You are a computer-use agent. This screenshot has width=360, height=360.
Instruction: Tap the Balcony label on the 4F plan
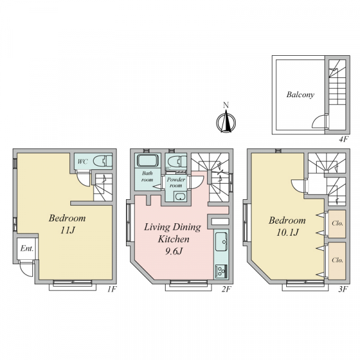[x=301, y=95]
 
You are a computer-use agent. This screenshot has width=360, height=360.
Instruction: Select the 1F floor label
[x=112, y=289]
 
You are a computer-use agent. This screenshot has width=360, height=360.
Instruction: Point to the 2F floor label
[x=226, y=289]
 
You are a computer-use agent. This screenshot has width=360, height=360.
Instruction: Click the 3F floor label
[x=343, y=289]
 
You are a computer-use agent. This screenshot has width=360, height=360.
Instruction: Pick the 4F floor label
[x=344, y=139]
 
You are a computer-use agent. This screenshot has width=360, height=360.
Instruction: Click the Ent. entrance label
[x=27, y=248]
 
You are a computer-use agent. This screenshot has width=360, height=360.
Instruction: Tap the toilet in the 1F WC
[x=103, y=161]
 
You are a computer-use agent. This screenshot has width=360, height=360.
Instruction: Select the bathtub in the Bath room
[x=148, y=160]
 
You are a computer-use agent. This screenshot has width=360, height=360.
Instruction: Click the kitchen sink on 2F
[x=221, y=241]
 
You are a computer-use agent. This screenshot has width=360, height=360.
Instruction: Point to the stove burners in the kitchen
[x=221, y=271]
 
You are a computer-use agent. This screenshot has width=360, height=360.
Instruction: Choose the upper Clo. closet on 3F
[x=337, y=224]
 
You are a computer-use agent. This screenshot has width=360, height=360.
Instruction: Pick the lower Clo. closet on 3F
[x=337, y=261]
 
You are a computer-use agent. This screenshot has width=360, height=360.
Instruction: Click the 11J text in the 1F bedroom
[x=67, y=230]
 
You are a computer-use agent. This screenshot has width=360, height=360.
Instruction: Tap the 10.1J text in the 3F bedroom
[x=287, y=233]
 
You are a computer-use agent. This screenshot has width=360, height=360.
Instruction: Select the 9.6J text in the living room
[x=173, y=251]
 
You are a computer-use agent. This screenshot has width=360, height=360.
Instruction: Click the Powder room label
[x=176, y=182]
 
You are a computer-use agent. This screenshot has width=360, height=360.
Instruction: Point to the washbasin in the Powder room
[x=180, y=197]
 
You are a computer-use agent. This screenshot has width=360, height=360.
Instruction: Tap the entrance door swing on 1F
[x=26, y=269]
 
